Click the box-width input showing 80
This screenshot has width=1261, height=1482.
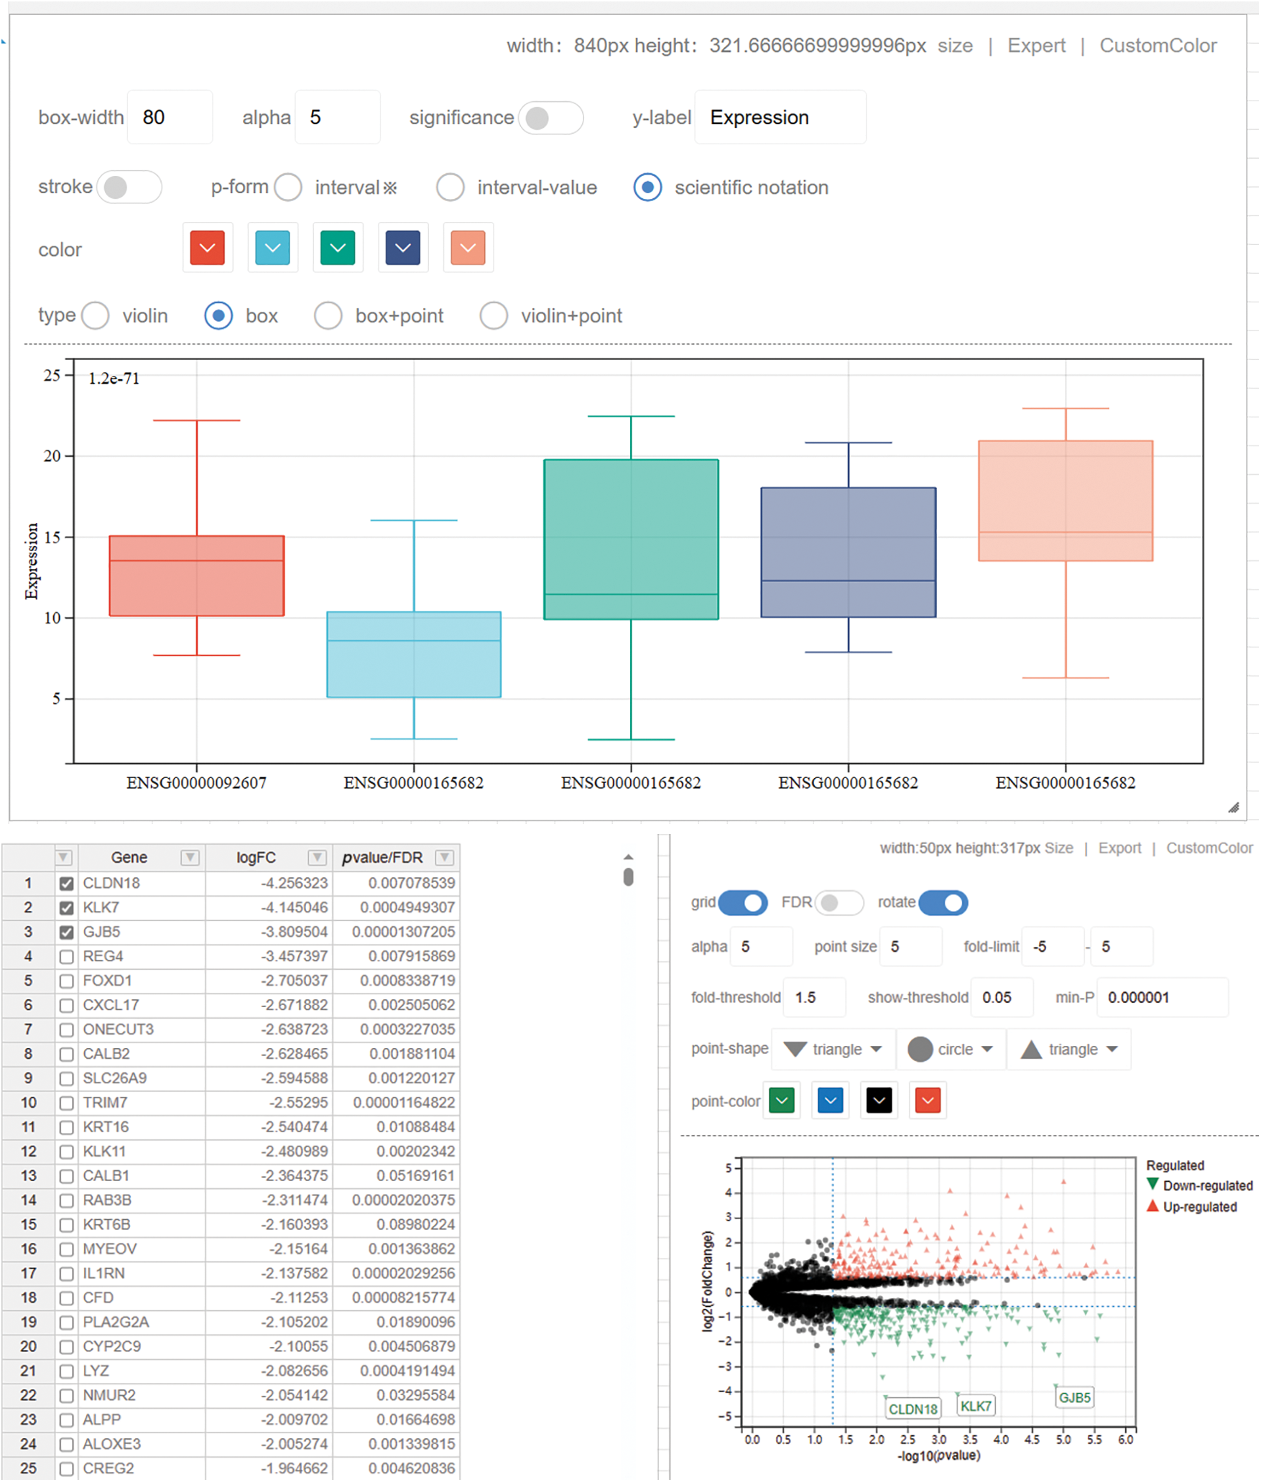click(x=169, y=117)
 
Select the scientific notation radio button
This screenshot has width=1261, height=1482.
click(x=647, y=187)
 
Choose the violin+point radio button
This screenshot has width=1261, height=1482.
click(x=494, y=315)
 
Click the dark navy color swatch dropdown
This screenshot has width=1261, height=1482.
click(x=402, y=248)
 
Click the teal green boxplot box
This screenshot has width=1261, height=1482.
click(x=631, y=539)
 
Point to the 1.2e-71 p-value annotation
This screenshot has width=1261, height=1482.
click(x=114, y=379)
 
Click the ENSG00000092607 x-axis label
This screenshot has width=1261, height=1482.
click(x=196, y=783)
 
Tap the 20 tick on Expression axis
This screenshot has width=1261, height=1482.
click(x=52, y=456)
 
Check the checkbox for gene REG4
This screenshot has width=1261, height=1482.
click(x=66, y=957)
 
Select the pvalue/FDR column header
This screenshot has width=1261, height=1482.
click(x=382, y=858)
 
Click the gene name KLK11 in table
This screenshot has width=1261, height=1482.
click(x=104, y=1152)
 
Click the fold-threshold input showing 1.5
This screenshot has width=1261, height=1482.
click(x=813, y=998)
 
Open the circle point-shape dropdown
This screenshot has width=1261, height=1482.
click(x=950, y=1050)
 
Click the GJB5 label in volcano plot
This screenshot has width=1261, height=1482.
click(x=1074, y=1398)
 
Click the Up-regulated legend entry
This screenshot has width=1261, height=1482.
click(x=1199, y=1207)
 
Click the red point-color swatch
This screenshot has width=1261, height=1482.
click(x=928, y=1101)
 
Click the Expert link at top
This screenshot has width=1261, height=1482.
click(x=1035, y=46)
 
